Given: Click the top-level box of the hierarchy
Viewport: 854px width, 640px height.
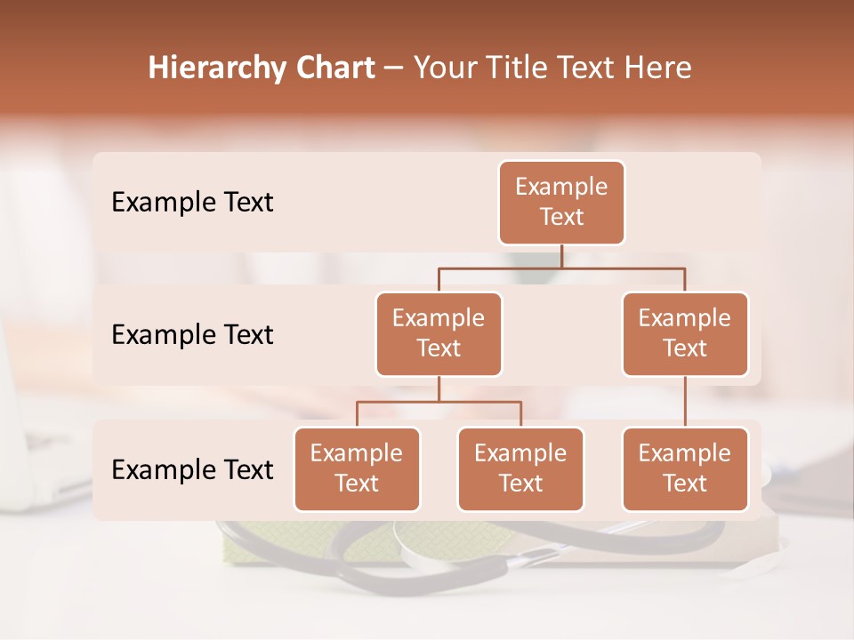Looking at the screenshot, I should click(x=561, y=203).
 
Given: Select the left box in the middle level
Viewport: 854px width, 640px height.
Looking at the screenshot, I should click(x=439, y=334).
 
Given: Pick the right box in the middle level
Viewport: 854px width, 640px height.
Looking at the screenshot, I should click(x=685, y=334).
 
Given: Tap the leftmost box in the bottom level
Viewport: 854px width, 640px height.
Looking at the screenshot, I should click(x=357, y=469).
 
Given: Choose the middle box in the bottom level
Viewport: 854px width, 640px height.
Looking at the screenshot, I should click(x=520, y=469).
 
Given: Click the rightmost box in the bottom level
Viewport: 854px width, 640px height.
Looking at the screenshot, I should click(x=685, y=469).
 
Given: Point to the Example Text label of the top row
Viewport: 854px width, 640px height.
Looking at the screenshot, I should click(x=192, y=203).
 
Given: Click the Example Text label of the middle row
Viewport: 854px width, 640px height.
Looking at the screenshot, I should click(x=192, y=335).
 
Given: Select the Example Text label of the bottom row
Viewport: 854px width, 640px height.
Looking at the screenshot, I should click(x=192, y=469).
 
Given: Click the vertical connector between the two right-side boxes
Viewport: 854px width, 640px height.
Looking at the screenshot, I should click(x=685, y=402).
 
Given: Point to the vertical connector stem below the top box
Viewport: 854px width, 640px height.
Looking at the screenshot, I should click(x=561, y=256).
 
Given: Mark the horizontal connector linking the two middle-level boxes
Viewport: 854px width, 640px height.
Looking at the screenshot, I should click(x=561, y=268).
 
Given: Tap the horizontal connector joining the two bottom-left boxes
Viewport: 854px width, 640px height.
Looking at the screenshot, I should click(x=439, y=402).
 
